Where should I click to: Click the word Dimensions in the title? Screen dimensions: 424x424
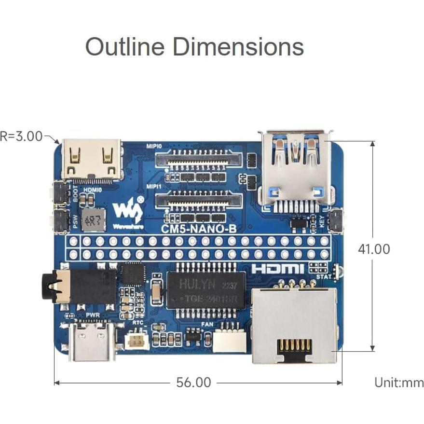pos(238,47)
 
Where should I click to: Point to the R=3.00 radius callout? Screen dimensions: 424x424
pos(22,137)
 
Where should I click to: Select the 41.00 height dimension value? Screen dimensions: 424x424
pos(373,249)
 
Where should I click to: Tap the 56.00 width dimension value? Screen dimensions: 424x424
pos(193,383)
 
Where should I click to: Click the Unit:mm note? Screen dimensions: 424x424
pos(399,383)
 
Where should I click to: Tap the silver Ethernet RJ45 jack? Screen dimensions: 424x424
pos(294,326)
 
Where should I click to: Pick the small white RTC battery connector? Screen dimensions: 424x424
pos(135,342)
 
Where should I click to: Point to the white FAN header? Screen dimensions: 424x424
pos(229,340)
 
